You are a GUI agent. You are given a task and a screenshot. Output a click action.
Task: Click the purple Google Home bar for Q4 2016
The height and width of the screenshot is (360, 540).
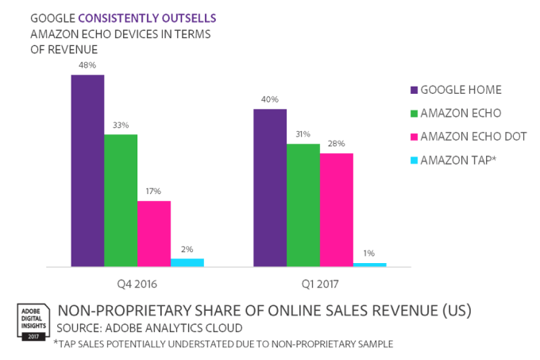[x=87, y=170]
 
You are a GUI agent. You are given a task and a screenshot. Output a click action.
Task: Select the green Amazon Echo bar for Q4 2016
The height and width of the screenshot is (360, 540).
[x=121, y=199]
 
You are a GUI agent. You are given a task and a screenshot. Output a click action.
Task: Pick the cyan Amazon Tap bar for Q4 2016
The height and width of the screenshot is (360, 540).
[x=187, y=261]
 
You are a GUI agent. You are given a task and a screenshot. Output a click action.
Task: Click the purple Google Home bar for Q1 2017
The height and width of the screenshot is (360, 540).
[x=270, y=188]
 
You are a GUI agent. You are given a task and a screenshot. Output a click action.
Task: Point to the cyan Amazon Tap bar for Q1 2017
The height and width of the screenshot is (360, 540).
[x=370, y=264]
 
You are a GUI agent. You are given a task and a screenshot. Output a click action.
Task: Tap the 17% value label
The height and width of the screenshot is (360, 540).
[x=154, y=192]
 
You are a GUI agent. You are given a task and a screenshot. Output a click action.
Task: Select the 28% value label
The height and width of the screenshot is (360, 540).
[x=337, y=143]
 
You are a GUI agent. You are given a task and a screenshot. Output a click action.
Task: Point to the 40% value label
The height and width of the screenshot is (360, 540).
[x=270, y=99]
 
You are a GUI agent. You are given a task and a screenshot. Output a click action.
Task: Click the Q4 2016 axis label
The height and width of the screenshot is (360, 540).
[x=137, y=283]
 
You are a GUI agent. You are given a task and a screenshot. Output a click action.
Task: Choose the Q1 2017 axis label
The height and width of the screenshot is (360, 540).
[x=320, y=283]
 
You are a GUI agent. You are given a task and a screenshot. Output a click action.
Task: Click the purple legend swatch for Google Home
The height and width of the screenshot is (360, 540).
[x=413, y=90]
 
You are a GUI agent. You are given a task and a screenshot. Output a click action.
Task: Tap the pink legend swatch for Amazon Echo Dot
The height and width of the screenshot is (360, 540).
[x=413, y=137]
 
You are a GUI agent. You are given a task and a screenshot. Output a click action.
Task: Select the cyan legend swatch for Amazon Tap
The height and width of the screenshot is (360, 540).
[x=413, y=161]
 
